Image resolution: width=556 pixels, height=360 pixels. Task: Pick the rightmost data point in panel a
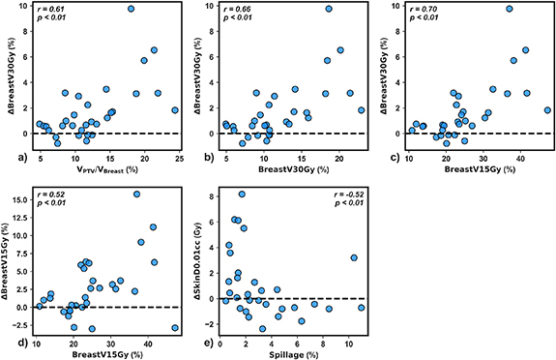(175, 109)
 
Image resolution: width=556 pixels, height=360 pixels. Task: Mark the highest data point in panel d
(136, 195)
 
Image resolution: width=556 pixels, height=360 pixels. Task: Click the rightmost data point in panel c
(547, 109)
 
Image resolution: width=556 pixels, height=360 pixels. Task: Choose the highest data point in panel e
(242, 195)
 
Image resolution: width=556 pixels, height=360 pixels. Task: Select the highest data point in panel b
(329, 9)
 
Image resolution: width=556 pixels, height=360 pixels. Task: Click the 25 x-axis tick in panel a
(178, 156)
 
